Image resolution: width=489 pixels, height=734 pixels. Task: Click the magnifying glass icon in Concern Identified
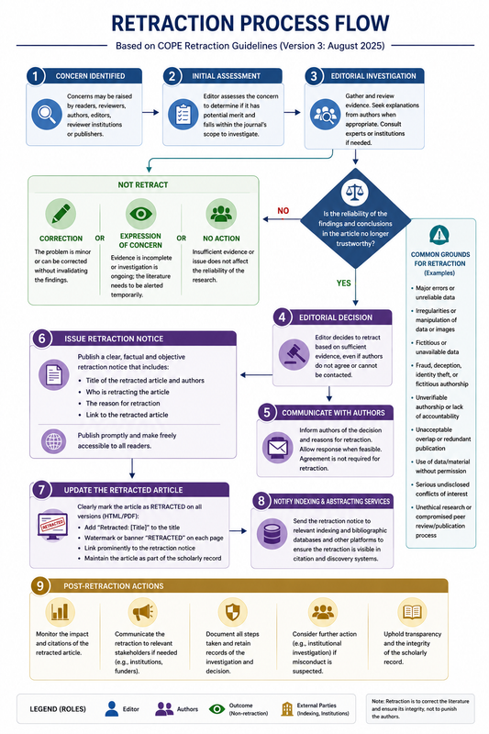pos(47,114)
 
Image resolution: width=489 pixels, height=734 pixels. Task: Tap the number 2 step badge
pos(172,76)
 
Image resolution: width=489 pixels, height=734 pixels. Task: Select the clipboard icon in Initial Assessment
pos(183,114)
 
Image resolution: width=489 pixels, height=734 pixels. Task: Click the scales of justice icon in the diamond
pos(355,192)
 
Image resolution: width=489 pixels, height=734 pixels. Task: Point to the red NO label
pos(283,211)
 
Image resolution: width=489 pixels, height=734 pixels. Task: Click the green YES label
pos(343,283)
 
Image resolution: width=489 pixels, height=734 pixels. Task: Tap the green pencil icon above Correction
pos(61,214)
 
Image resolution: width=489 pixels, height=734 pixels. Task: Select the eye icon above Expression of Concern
pos(141,214)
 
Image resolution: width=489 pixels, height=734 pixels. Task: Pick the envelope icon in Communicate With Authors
pos(277,447)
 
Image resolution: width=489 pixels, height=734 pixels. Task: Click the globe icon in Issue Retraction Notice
pos(54,441)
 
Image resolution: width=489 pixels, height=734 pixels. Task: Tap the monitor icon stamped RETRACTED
pos(53,525)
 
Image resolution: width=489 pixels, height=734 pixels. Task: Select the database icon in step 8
pos(272,534)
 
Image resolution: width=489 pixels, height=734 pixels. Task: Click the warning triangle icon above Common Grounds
pos(439,235)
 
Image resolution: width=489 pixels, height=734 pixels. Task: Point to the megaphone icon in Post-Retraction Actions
pos(143,612)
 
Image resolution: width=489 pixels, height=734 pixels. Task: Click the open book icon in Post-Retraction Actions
pos(412,611)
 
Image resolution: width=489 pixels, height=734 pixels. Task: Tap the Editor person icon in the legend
pos(112,708)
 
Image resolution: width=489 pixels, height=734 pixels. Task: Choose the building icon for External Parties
pos(287,708)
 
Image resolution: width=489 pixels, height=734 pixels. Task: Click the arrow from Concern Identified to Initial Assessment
pos(150,112)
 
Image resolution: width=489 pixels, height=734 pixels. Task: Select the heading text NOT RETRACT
pos(143,185)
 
